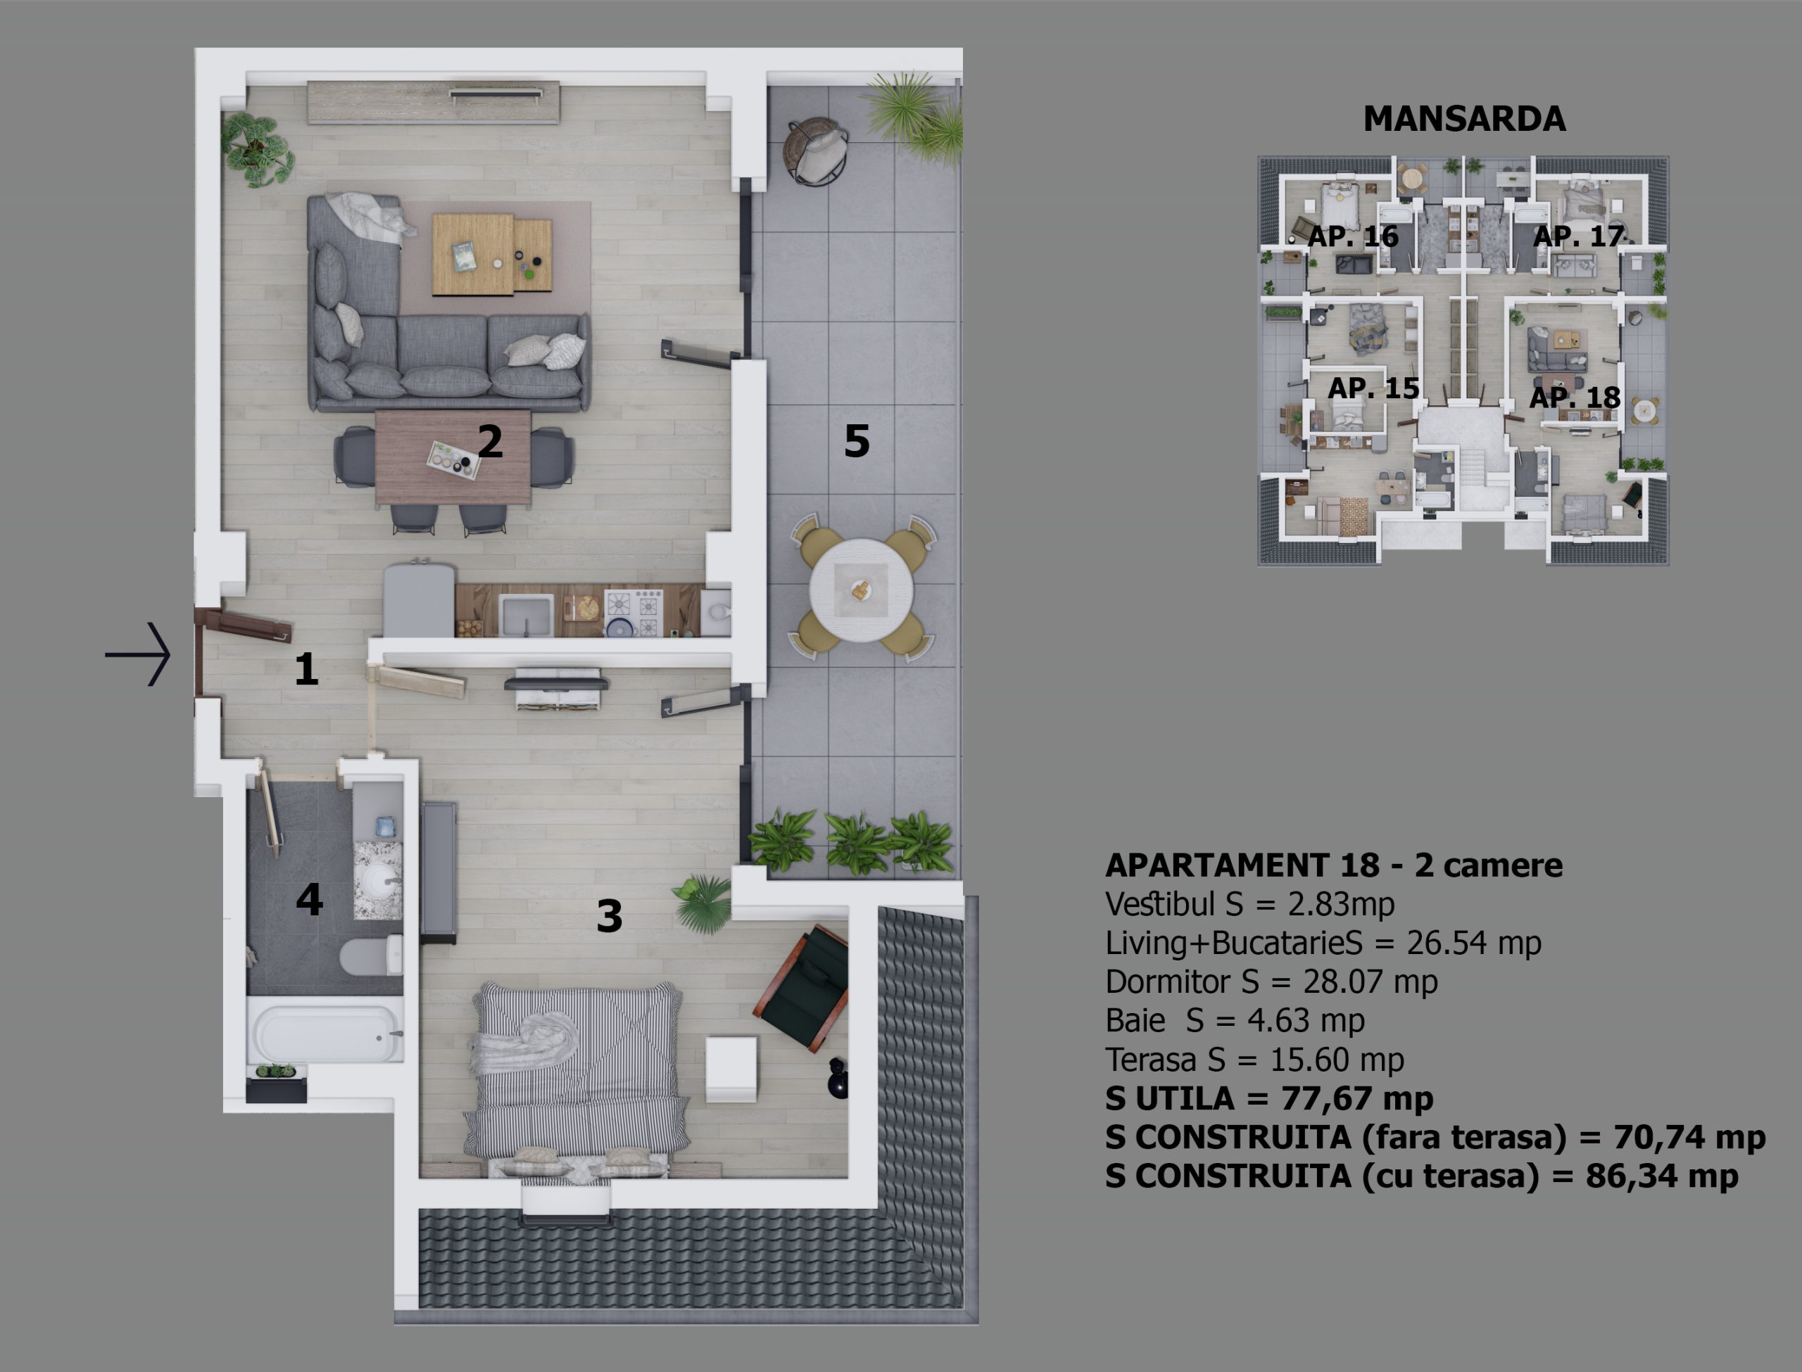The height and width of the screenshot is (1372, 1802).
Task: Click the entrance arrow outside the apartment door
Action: coord(137,654)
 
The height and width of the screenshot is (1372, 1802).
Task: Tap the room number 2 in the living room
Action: coord(489,441)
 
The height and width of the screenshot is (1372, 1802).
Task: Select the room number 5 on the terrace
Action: coord(856,441)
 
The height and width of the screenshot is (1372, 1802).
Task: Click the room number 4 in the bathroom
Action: coord(309,899)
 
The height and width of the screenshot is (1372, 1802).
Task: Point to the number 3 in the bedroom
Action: coord(610,916)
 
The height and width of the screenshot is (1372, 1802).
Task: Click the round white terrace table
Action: coord(861,590)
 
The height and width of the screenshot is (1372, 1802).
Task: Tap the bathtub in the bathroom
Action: coord(325,1032)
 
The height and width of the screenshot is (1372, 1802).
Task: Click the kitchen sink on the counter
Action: coord(526,614)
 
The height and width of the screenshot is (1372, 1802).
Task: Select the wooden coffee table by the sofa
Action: coord(492,253)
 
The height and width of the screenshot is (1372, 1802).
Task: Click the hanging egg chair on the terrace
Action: coord(815,152)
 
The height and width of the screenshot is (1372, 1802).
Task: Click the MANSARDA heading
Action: coord(1464,119)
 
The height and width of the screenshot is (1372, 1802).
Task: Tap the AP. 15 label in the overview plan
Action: coord(1373,388)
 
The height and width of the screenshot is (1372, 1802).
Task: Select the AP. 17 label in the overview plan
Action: coord(1578,236)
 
